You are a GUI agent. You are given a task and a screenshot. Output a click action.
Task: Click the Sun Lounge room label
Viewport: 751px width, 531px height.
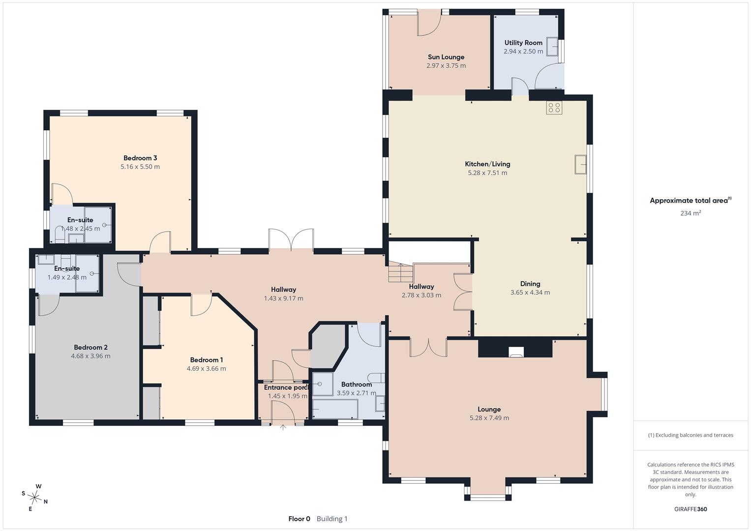[446, 57]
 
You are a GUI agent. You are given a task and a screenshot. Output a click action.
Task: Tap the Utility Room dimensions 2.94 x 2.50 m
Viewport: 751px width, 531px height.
[523, 51]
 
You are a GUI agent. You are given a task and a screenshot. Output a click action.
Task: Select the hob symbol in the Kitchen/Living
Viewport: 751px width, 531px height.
[554, 108]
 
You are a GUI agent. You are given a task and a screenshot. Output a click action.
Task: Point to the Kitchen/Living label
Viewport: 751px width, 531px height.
[487, 164]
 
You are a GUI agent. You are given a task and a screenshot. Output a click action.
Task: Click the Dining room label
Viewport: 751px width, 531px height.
[530, 284]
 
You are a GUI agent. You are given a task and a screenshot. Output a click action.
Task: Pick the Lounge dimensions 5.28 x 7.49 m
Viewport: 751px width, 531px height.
[489, 418]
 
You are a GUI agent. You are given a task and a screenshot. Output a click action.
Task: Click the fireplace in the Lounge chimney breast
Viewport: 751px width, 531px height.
[515, 352]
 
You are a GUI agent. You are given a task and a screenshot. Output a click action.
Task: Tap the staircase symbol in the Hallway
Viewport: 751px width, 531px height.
[401, 272]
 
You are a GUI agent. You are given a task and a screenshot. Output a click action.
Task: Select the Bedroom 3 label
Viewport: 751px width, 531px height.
[140, 158]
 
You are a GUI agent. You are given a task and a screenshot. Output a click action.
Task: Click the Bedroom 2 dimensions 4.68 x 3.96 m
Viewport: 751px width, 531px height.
[90, 356]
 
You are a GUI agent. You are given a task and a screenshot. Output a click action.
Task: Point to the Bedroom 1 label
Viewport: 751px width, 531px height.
[206, 360]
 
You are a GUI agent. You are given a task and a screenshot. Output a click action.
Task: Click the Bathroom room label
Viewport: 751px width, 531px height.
[357, 384]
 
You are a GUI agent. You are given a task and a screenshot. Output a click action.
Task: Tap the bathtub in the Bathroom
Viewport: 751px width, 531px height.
[335, 409]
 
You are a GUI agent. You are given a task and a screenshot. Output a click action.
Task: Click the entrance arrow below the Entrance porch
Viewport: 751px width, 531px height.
[283, 427]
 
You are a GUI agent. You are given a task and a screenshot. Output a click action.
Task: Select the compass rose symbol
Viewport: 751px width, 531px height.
[34, 497]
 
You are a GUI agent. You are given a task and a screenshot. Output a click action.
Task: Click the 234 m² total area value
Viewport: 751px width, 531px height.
[691, 213]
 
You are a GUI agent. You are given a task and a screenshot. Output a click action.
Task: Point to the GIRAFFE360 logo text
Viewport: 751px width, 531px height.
[691, 509]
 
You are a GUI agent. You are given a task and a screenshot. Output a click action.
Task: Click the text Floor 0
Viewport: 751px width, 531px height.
[299, 519]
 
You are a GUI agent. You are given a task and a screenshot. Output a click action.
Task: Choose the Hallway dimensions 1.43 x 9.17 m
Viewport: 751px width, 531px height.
[283, 298]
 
